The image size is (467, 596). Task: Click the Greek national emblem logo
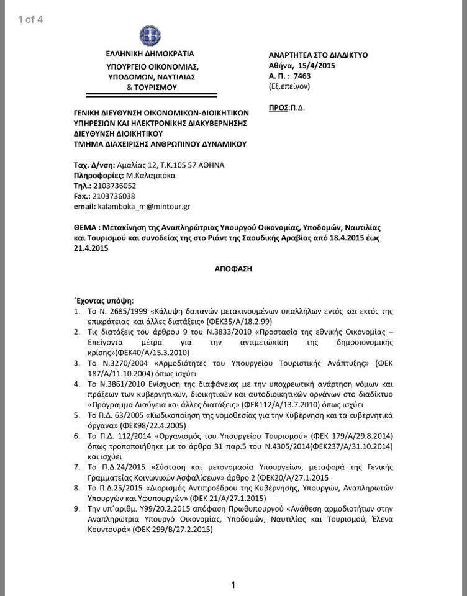150,35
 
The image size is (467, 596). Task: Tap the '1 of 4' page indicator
31,19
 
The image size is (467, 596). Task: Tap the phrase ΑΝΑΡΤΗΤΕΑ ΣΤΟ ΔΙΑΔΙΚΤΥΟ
318,55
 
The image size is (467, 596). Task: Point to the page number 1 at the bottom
233,584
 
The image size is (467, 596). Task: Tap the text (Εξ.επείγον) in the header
289,86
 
